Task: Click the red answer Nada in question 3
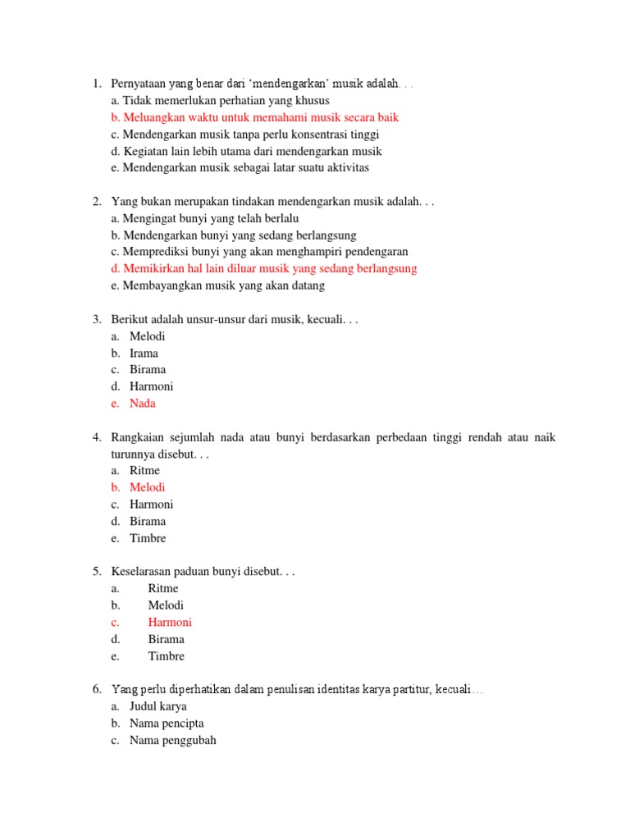tap(142, 404)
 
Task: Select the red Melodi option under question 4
tap(147, 487)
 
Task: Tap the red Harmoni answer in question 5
tap(170, 622)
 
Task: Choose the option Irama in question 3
tap(144, 354)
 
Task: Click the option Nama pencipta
tap(167, 724)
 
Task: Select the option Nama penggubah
tap(172, 740)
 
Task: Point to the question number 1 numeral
tap(96, 84)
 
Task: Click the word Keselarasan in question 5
tap(142, 572)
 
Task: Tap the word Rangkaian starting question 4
tap(136, 437)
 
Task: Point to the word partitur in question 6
tap(416, 690)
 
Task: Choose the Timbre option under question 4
tap(148, 538)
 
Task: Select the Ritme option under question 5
tap(162, 588)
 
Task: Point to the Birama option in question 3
tap(148, 370)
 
